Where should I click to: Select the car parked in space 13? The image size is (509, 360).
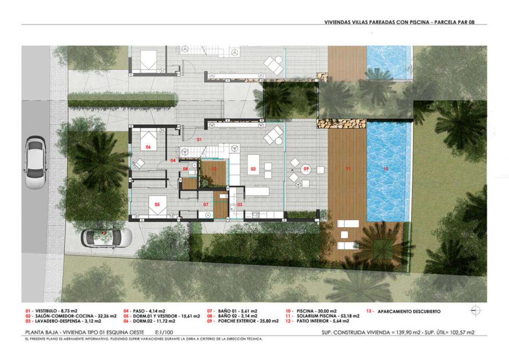tap(107, 237)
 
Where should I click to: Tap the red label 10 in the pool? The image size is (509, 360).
tap(385, 168)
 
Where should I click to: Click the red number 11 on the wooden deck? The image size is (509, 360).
tap(349, 168)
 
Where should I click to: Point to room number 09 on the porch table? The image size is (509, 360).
tap(306, 168)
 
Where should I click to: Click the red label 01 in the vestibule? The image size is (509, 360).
tap(200, 139)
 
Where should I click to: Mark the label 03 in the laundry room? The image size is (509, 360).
tap(240, 205)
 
